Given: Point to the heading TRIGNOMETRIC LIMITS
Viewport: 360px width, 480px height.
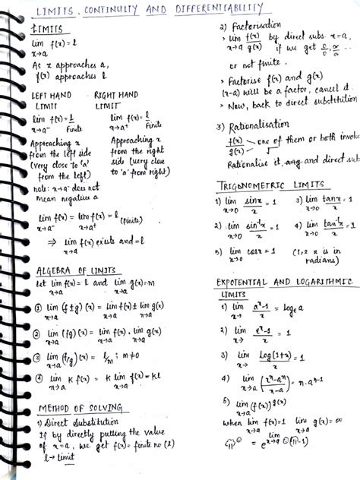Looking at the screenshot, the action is [x=273, y=185].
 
